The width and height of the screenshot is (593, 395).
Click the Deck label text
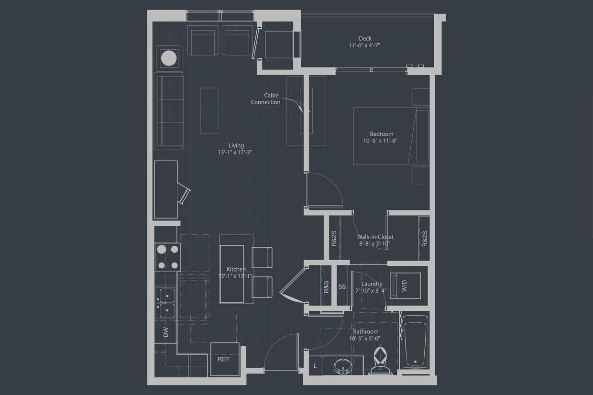[x=365, y=38]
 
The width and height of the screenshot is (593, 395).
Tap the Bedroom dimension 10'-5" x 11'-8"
[x=380, y=141]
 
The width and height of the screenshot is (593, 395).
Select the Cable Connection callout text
[x=266, y=99]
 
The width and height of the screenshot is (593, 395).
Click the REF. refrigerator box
[x=224, y=359]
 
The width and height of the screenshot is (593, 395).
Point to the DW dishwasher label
[x=166, y=332]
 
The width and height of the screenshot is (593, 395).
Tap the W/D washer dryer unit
[x=405, y=286]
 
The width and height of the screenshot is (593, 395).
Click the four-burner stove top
[x=167, y=257]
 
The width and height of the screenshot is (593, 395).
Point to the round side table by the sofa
[x=169, y=58]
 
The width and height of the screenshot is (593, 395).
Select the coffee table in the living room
[x=209, y=110]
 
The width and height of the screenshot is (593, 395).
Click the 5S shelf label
[x=342, y=287]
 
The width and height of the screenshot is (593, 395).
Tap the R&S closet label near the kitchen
[x=326, y=286]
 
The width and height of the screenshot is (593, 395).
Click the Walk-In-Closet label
[x=375, y=237]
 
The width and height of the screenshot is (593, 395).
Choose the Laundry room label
[x=372, y=284]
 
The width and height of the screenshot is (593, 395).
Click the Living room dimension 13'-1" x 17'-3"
[x=234, y=153]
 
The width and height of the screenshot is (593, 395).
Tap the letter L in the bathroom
[x=315, y=366]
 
